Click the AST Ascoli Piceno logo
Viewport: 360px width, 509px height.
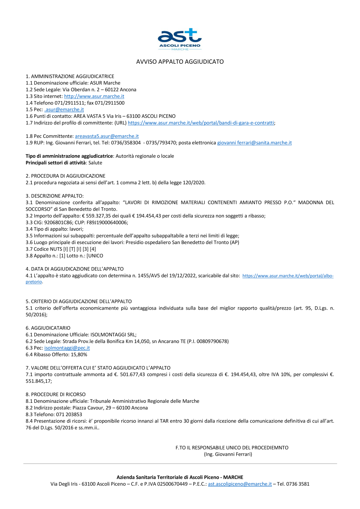(180, 39)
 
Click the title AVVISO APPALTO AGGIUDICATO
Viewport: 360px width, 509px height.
(180, 62)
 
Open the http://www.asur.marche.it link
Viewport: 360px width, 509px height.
(94, 96)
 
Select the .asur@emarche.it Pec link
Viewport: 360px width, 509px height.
(64, 110)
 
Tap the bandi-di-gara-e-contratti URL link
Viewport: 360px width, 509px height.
(201, 123)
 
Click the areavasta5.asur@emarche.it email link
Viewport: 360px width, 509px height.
(107, 136)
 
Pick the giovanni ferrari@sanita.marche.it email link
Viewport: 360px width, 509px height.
(254, 143)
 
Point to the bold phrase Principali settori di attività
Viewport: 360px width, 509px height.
(56, 163)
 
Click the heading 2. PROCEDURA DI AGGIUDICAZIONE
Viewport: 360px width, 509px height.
(66, 176)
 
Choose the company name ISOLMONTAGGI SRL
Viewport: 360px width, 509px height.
(113, 335)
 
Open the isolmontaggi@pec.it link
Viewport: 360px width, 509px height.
(67, 348)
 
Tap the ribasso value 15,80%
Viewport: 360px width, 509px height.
(79, 355)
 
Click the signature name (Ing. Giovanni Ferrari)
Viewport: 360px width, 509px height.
(228, 454)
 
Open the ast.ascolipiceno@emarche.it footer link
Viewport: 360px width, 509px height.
(240, 484)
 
